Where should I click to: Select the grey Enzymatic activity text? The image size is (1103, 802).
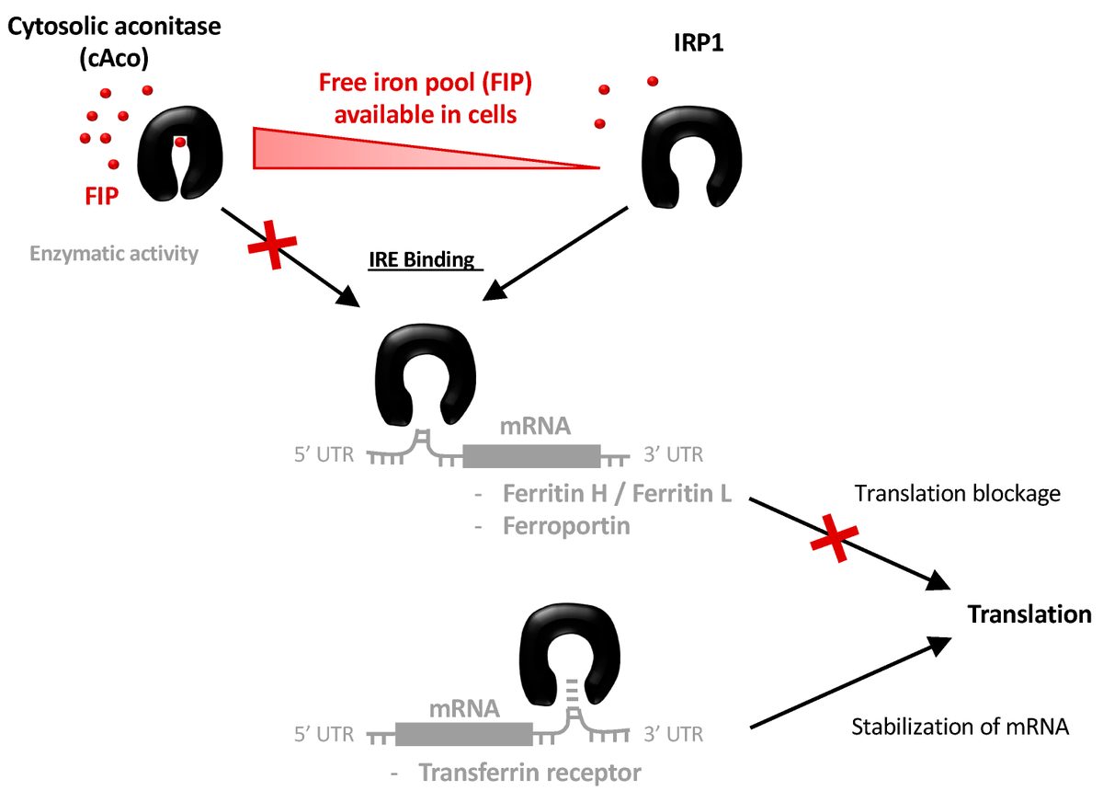pos(114,253)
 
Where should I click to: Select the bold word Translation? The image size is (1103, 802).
pos(1029,615)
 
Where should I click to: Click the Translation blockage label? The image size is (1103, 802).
pos(958,494)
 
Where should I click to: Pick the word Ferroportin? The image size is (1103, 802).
pos(565,528)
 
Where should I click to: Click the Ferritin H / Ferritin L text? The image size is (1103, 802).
pos(617,494)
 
